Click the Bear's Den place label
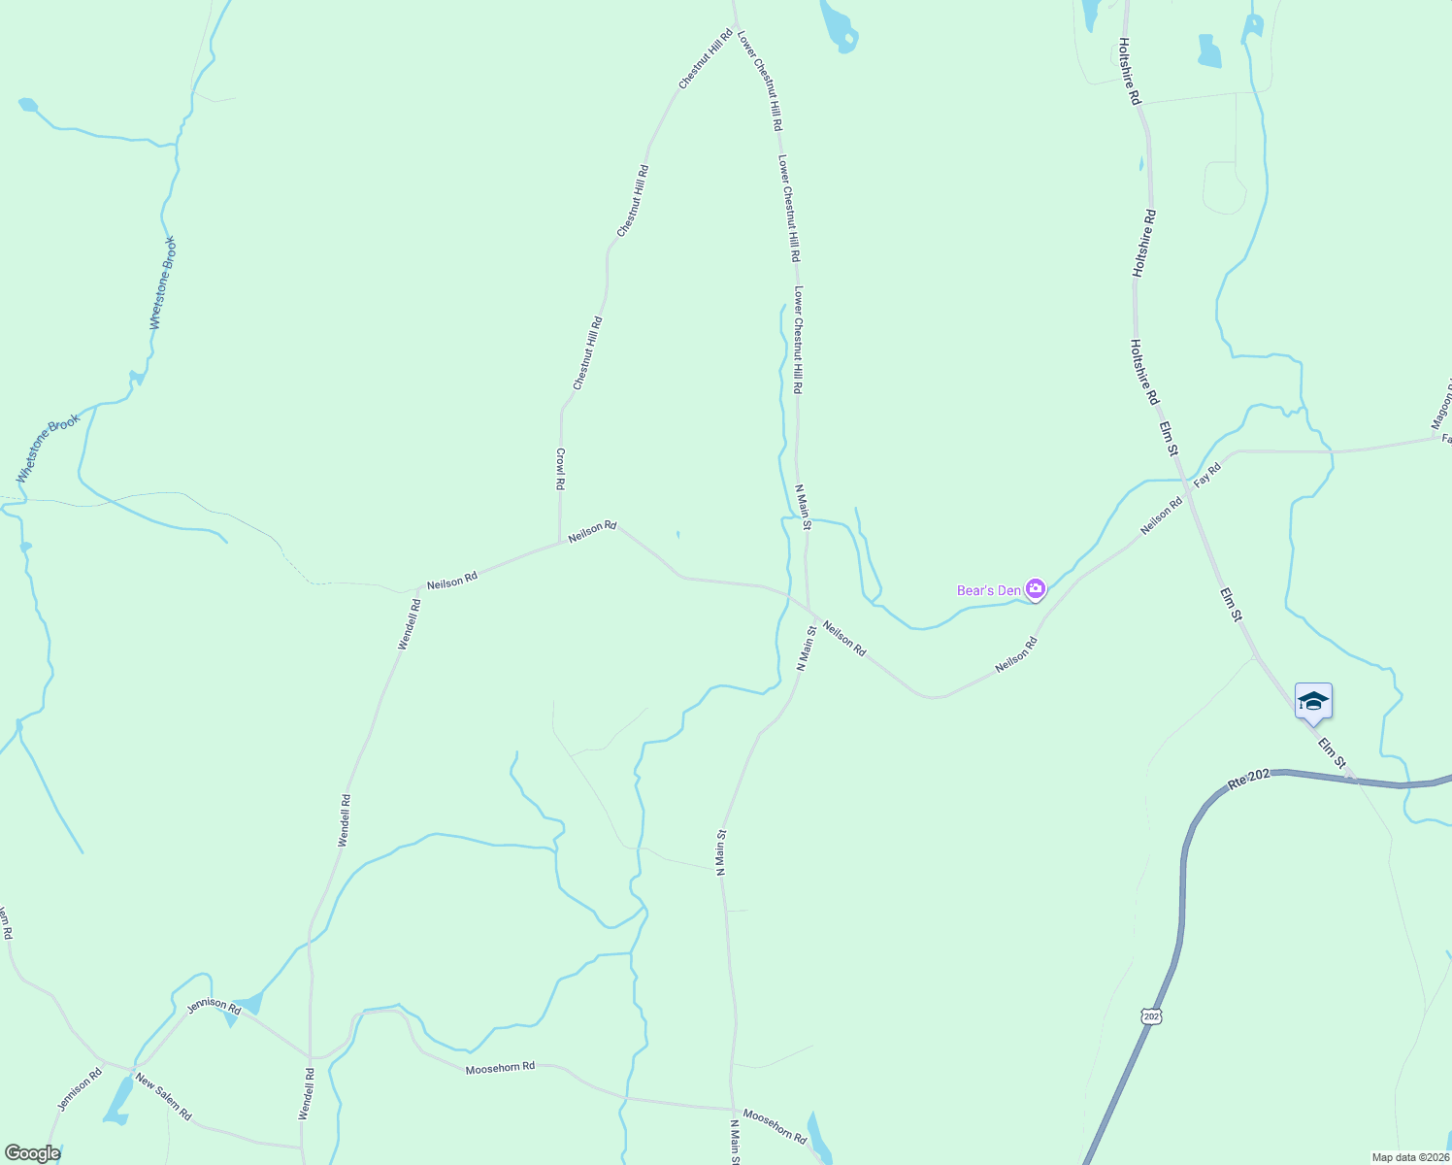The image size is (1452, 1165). point(989,590)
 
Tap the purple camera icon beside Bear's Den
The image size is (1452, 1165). point(1036,589)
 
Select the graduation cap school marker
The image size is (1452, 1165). point(1313,702)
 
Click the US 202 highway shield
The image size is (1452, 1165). point(1151,1015)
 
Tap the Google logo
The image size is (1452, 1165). point(31,1153)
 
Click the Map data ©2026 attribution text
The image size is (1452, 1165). point(1409,1157)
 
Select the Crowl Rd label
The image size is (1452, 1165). point(560,469)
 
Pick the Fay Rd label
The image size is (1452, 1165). point(1206,474)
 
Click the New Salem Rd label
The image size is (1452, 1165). point(163,1096)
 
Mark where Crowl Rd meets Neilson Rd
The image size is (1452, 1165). point(560,544)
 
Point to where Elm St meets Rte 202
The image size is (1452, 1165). point(1353,780)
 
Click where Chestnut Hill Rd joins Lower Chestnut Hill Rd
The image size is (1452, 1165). point(735,24)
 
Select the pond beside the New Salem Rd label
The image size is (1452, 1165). point(119,1100)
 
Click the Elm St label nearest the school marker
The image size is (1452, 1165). point(1333,754)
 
